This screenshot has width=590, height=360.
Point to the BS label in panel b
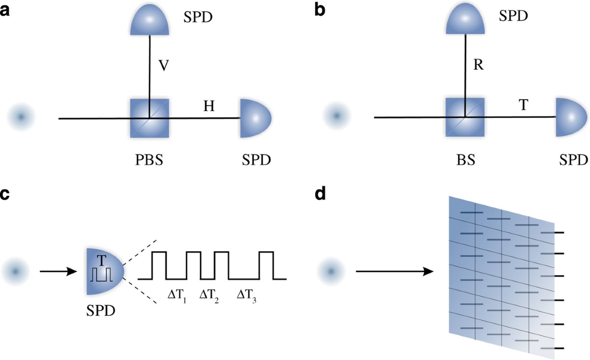tap(465, 161)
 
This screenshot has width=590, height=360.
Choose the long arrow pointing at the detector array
tap(393, 271)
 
